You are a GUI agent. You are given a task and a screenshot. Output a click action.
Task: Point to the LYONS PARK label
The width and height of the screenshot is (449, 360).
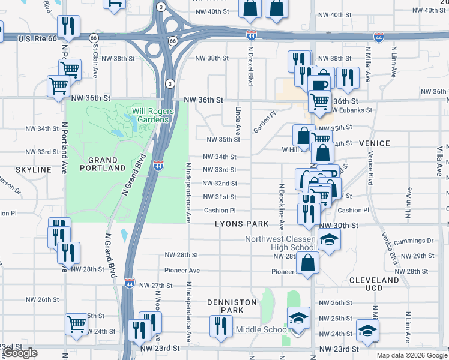242,224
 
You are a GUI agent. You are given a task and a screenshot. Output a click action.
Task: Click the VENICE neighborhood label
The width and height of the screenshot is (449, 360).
375,143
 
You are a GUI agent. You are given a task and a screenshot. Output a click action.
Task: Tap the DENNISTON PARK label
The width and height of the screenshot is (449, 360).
232,306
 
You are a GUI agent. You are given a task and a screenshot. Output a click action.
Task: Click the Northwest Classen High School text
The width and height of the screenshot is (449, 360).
280,243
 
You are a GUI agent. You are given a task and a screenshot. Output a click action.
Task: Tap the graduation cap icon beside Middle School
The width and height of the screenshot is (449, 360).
298,318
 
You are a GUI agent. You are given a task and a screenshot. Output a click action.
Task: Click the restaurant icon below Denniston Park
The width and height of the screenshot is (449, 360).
220,326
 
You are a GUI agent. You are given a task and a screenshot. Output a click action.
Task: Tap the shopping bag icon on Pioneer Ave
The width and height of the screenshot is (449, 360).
308,262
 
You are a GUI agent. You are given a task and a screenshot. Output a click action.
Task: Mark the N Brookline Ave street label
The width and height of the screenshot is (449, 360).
281,207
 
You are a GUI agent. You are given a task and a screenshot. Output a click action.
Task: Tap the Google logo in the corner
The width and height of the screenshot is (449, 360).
20,353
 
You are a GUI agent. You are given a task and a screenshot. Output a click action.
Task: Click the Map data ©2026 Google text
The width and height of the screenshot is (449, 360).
412,355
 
